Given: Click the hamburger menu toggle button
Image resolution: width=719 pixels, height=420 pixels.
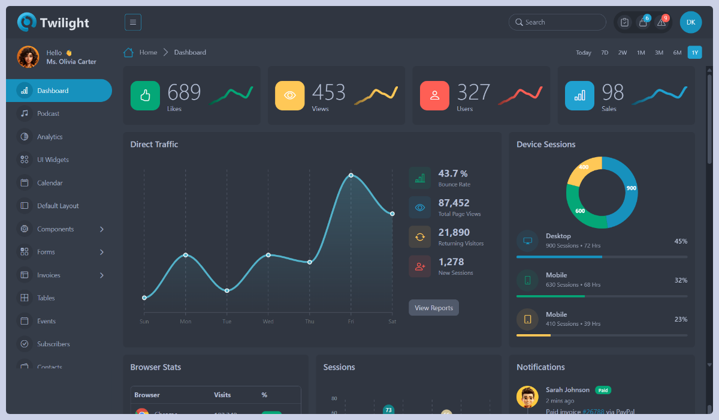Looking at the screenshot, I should coord(133,22).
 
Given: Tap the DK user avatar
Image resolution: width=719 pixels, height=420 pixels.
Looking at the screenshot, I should coord(690,22).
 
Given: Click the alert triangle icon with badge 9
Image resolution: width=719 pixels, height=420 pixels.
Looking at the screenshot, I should coord(661,22).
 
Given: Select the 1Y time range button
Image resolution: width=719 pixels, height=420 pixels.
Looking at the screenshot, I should coord(694,53).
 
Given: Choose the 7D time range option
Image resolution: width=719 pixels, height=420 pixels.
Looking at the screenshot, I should coord(605,53).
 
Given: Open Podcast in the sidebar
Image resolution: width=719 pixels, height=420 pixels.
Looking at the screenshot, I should coord(48,113).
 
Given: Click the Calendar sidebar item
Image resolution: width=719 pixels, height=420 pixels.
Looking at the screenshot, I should coord(50,183).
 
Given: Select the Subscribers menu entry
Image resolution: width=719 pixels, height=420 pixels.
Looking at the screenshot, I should coord(53,344).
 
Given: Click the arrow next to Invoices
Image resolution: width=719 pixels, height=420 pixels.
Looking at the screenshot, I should coord(102,275).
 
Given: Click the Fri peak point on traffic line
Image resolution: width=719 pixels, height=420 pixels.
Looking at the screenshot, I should coord(351,175).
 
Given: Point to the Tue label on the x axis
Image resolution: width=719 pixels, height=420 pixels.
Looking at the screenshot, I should coord(226,322).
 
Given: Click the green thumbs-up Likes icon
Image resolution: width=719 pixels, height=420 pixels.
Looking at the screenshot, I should coord(145,95).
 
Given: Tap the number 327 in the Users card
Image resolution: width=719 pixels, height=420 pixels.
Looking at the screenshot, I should coord(473,92).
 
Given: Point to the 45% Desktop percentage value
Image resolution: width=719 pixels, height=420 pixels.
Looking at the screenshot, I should coord(681,241).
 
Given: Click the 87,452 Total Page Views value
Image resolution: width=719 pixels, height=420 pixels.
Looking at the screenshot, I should coord(454,203).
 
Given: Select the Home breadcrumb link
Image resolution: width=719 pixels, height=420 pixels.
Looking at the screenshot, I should coord(148,53).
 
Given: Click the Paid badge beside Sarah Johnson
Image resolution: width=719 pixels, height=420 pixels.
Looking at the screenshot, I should coord(603,390).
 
